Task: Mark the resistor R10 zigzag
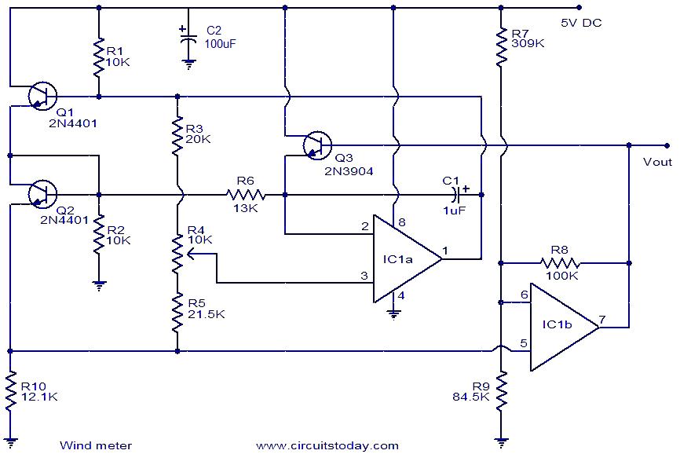(x=11, y=393)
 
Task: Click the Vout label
(x=656, y=162)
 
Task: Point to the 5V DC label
(x=581, y=23)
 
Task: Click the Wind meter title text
(x=96, y=445)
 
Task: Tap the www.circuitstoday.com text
(x=327, y=445)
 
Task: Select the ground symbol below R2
(x=99, y=286)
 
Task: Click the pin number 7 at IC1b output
(x=601, y=319)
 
